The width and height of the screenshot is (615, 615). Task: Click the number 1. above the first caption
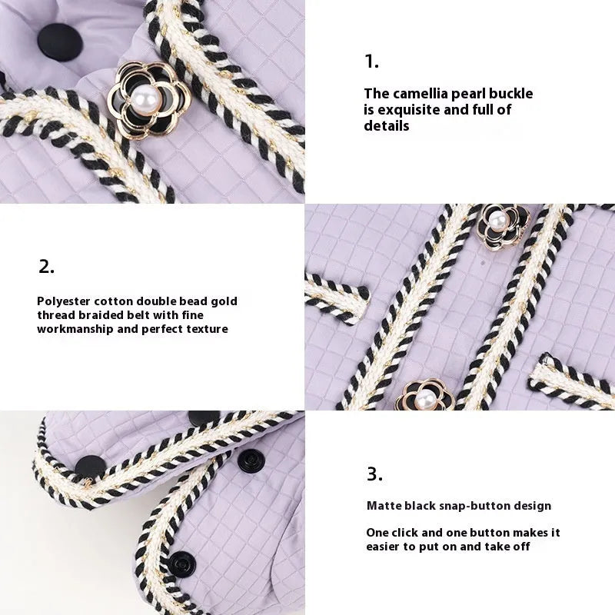[371, 61]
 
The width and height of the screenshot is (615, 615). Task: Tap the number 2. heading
[46, 267]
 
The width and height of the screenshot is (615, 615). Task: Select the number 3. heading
[374, 474]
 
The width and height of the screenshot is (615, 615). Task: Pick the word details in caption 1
[387, 126]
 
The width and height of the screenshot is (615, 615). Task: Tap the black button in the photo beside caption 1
[60, 42]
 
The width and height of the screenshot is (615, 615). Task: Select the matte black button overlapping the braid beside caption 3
[90, 467]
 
